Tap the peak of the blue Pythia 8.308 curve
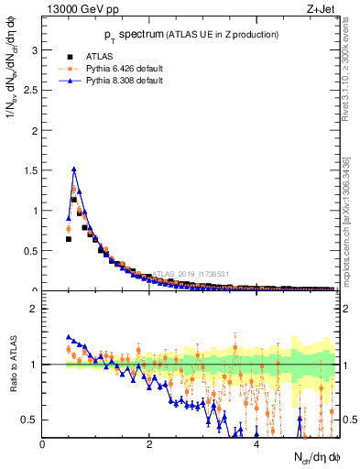(x=73, y=169)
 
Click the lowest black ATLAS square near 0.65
(x=69, y=238)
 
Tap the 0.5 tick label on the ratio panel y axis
(x=29, y=420)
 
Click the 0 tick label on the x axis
(x=42, y=443)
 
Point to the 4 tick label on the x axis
(x=256, y=443)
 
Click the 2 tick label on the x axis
(x=149, y=443)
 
